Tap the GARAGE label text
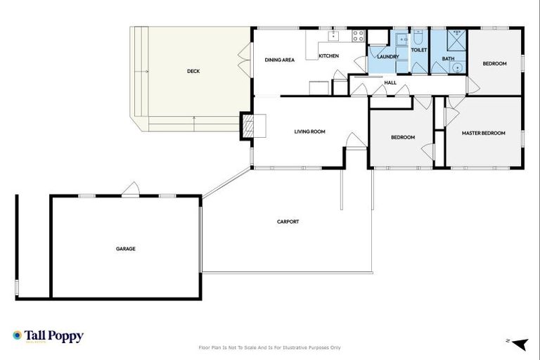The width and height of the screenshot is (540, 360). pyautogui.click(x=126, y=248)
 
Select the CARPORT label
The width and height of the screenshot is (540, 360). pyautogui.click(x=288, y=221)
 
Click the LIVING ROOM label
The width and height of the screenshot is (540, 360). pyautogui.click(x=309, y=131)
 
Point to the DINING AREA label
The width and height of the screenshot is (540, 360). pyautogui.click(x=279, y=60)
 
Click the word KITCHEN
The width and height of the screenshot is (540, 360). pyautogui.click(x=328, y=56)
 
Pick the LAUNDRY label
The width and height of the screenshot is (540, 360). pyautogui.click(x=388, y=56)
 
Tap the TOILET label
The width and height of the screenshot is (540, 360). pyautogui.click(x=419, y=51)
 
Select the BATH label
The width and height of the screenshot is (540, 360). pyautogui.click(x=448, y=58)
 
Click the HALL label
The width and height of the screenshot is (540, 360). pyautogui.click(x=390, y=83)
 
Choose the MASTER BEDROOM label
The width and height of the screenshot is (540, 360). pyautogui.click(x=483, y=133)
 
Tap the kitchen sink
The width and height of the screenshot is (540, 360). pyautogui.click(x=334, y=34)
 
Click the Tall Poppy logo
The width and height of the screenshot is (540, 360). pyautogui.click(x=48, y=336)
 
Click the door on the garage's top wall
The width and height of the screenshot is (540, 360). pyautogui.click(x=130, y=190)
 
